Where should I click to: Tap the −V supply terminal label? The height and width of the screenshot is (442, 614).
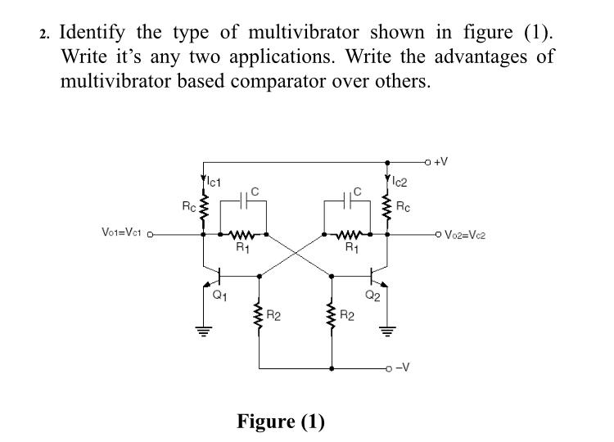coord(402,368)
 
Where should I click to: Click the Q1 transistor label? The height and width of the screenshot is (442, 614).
coord(218,297)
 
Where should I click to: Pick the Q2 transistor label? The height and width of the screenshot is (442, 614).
coord(372,296)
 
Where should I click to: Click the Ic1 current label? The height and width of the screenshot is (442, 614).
coord(216,180)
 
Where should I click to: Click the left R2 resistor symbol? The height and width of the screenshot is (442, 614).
coord(259,313)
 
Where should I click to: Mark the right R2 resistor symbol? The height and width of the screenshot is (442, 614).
coord(332,313)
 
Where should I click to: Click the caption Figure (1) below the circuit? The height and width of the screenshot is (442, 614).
coord(281,422)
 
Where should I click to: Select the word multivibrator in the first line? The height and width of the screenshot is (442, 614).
coord(304,34)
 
